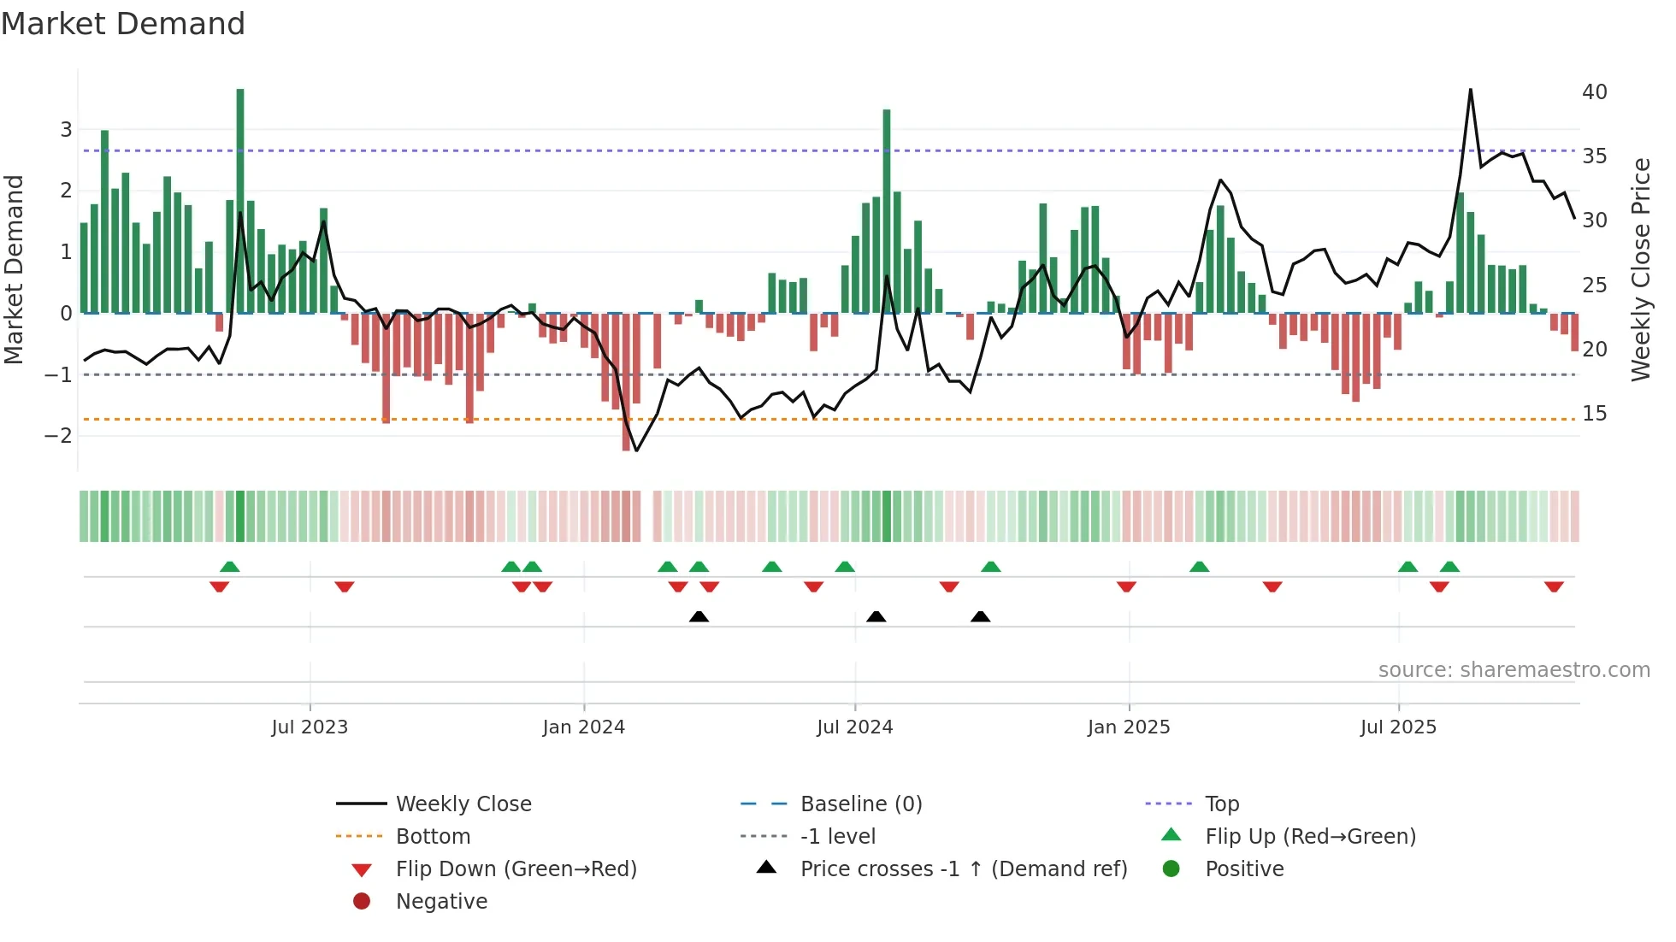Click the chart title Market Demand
coord(123,24)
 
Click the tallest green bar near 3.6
coord(240,201)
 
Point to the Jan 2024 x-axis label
coord(583,727)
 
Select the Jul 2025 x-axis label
coord(1398,727)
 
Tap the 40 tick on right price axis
coord(1594,92)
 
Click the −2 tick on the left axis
coord(58,435)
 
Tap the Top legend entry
coord(1221,804)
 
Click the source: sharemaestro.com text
coord(1514,670)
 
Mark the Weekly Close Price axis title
coord(1640,269)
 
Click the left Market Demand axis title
coord(15,269)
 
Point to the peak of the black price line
coord(1470,90)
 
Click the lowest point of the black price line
coord(636,450)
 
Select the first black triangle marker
coord(699,616)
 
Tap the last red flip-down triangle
coord(1554,586)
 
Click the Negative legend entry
coord(441,902)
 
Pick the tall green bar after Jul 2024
coord(887,211)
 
